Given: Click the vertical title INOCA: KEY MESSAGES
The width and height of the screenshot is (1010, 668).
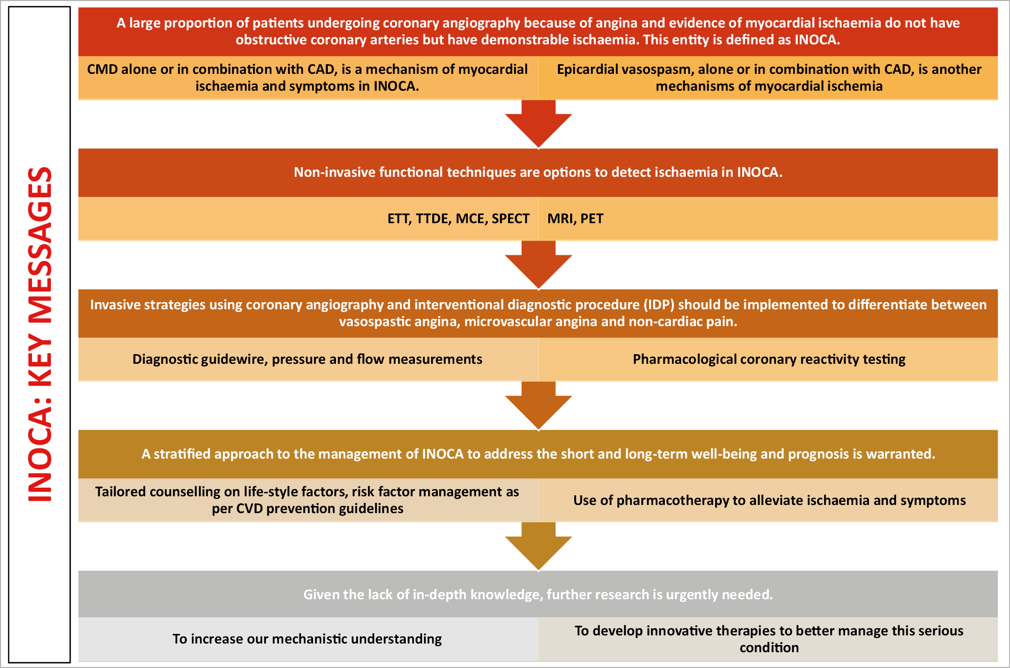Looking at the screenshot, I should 40,334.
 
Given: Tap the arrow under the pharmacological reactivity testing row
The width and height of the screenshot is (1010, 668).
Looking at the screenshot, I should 538,405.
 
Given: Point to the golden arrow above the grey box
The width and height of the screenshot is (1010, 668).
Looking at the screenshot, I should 538,545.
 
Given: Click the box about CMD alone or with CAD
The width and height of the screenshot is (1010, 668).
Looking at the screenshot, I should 307,77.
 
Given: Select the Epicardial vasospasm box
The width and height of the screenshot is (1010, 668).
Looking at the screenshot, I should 769,77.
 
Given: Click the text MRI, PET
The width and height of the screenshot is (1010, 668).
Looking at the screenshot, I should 575,219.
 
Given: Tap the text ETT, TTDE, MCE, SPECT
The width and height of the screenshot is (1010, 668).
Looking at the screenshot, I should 458,219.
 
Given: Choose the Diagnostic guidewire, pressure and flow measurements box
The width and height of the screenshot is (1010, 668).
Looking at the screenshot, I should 307,359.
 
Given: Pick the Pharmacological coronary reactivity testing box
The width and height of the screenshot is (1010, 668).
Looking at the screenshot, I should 769,359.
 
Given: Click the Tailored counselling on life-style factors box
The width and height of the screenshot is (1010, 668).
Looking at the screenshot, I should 307,500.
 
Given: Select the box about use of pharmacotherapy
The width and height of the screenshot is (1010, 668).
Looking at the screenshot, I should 769,500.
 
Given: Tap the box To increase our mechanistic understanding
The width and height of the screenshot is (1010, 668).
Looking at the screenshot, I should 307,639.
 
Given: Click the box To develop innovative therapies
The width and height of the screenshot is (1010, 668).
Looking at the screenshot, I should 769,639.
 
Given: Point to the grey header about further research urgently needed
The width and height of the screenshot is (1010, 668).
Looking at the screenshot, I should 538,594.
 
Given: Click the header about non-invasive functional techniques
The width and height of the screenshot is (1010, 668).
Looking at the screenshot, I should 538,172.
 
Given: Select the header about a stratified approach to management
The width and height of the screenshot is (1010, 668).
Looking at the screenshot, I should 538,454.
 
